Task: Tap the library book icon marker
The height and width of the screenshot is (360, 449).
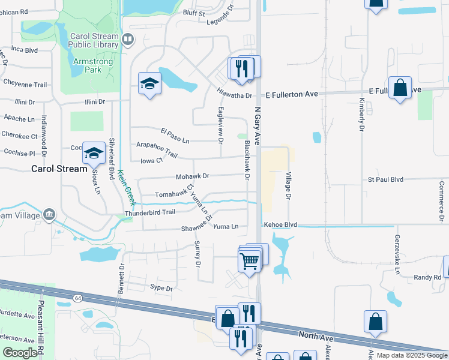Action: click(x=127, y=40)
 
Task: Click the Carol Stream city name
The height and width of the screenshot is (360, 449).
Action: click(x=59, y=169)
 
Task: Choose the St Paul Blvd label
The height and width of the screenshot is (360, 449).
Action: click(x=385, y=179)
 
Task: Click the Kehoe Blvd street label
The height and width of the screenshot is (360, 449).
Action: click(x=280, y=225)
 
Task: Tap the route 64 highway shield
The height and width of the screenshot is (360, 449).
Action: click(x=78, y=298)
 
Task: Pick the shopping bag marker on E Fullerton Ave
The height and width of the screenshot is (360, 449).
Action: click(x=400, y=89)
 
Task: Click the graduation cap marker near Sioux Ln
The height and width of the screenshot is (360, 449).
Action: click(x=94, y=154)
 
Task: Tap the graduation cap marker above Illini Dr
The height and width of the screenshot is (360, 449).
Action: click(x=149, y=84)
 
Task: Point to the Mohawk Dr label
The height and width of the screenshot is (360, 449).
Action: click(x=192, y=176)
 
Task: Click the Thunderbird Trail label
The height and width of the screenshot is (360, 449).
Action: click(x=149, y=212)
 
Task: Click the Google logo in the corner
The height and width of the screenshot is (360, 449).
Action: click(x=20, y=353)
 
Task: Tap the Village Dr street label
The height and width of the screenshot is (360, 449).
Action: click(x=288, y=186)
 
